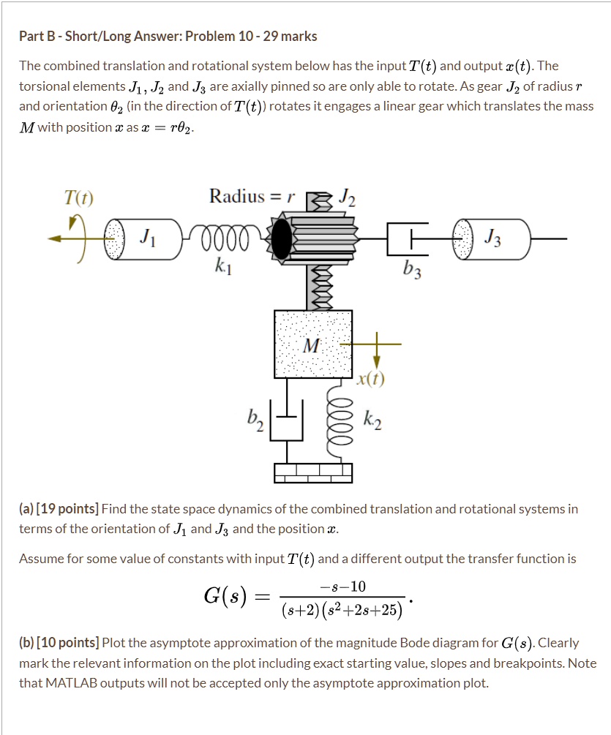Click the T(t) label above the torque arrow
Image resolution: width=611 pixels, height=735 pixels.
pos(78,197)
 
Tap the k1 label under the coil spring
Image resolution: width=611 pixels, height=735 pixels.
pos(224,268)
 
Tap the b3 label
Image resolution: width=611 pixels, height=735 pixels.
pos(412,273)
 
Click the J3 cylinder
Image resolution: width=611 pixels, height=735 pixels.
pos(495,238)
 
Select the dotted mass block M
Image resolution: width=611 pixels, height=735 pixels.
pos(312,344)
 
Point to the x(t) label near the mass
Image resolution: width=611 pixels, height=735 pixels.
pos(372,378)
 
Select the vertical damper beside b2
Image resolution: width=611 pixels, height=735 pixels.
pos(286,421)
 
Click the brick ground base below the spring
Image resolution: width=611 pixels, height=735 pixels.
pos(313,473)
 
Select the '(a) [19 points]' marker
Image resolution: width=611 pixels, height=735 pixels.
pos(59,509)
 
